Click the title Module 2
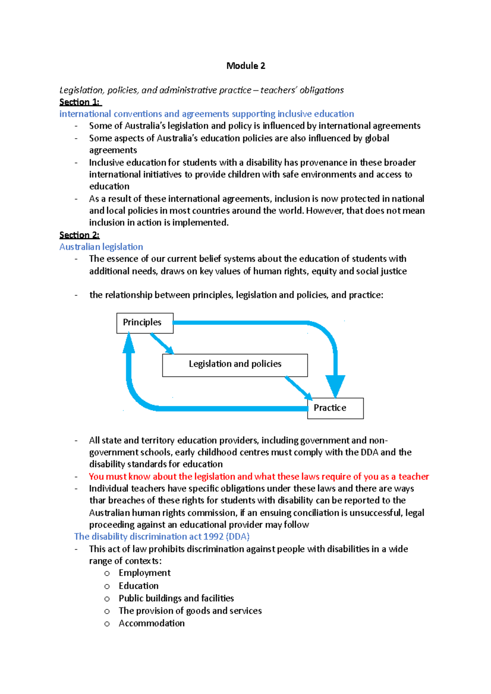coord(245,66)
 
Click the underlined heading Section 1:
coord(79,102)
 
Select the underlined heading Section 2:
coord(79,235)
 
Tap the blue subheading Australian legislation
coord(101,247)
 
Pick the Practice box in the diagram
coord(335,408)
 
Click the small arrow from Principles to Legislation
coord(162,344)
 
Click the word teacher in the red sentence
coord(414,477)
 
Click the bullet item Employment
coord(144,573)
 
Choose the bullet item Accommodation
coord(151,623)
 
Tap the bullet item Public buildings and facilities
coord(176,598)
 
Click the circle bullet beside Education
coord(107,587)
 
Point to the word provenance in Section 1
coord(324,163)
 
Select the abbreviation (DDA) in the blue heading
coord(238,537)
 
